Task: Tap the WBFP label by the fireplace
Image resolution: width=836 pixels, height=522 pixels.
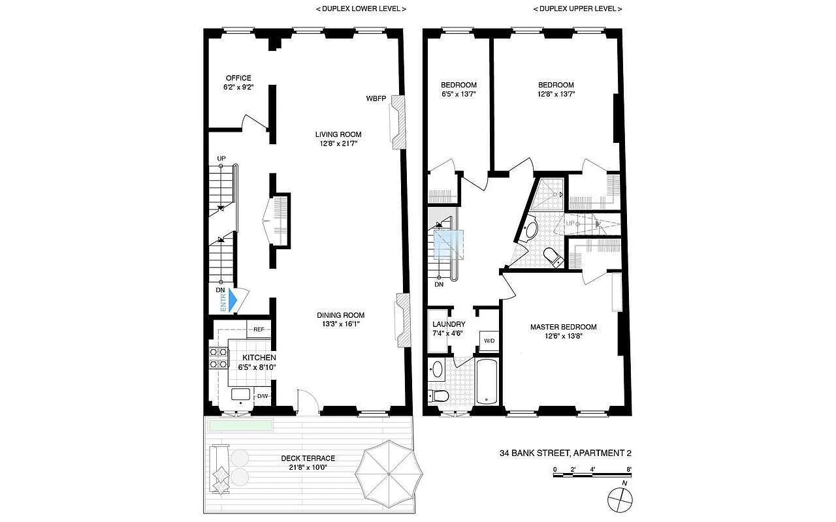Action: pyautogui.click(x=376, y=99)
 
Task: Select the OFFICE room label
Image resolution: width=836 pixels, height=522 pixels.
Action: pyautogui.click(x=238, y=78)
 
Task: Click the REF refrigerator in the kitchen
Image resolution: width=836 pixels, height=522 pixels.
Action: pyautogui.click(x=259, y=330)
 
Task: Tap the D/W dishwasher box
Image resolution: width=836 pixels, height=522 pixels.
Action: pyautogui.click(x=262, y=396)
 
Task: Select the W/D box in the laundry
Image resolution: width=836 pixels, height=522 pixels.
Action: pyautogui.click(x=489, y=341)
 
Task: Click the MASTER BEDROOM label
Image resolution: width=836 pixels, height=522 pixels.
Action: pyautogui.click(x=563, y=327)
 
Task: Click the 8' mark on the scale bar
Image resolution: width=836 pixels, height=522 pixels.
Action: pyautogui.click(x=628, y=468)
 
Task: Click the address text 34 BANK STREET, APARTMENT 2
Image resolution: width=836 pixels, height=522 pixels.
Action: pyautogui.click(x=565, y=453)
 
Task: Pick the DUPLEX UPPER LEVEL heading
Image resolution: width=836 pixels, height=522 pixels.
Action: pyautogui.click(x=577, y=9)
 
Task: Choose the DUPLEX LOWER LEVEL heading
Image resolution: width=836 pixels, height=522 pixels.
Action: pyautogui.click(x=361, y=9)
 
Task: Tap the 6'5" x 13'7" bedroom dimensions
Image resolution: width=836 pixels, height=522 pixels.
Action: pyautogui.click(x=458, y=94)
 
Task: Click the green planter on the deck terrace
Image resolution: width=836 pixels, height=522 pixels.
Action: pyautogui.click(x=240, y=425)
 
